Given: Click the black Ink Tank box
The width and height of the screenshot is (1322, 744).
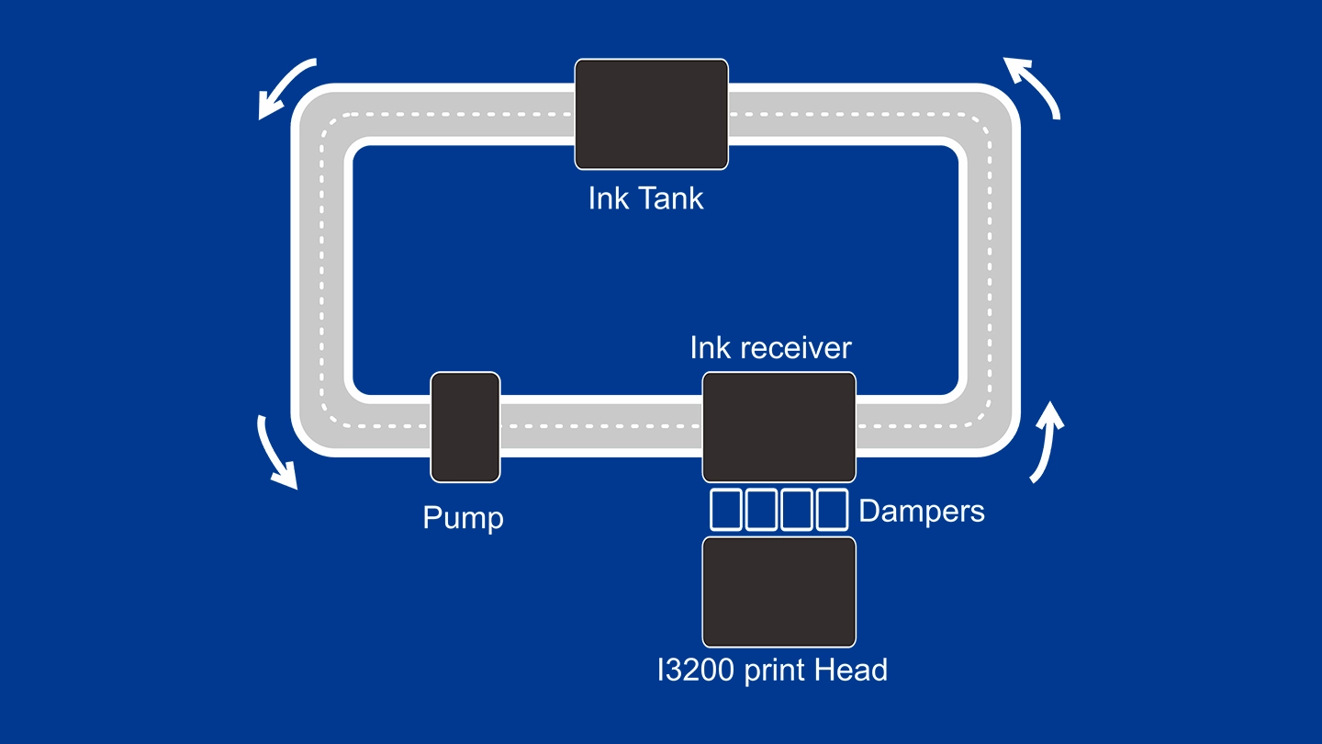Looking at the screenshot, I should pos(651,114).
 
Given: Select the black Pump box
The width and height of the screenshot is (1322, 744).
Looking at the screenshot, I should pos(465,427).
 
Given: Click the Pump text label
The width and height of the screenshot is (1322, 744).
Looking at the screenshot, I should pos(463,518).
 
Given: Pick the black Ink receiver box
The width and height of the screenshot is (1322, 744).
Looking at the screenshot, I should pos(779,427).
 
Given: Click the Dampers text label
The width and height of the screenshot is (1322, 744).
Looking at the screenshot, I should pos(921,511).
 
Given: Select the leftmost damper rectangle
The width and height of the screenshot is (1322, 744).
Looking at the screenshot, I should pos(726,510).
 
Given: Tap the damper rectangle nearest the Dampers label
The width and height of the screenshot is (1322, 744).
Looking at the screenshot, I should pos(832,510).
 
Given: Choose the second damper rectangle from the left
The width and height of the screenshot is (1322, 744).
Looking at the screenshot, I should pos(762,510).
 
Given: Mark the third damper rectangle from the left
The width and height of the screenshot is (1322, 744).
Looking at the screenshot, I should pos(797,510).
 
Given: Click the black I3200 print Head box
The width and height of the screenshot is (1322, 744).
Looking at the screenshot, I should pos(779,592).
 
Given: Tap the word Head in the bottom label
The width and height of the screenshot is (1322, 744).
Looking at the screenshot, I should pos(854,671).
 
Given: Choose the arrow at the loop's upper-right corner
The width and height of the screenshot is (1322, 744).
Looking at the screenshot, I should pos(1034,86).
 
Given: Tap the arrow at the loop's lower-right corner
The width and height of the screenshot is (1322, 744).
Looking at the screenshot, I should pos(1047,442).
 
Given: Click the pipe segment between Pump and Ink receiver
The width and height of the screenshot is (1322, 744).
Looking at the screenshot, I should pos(601,427).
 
